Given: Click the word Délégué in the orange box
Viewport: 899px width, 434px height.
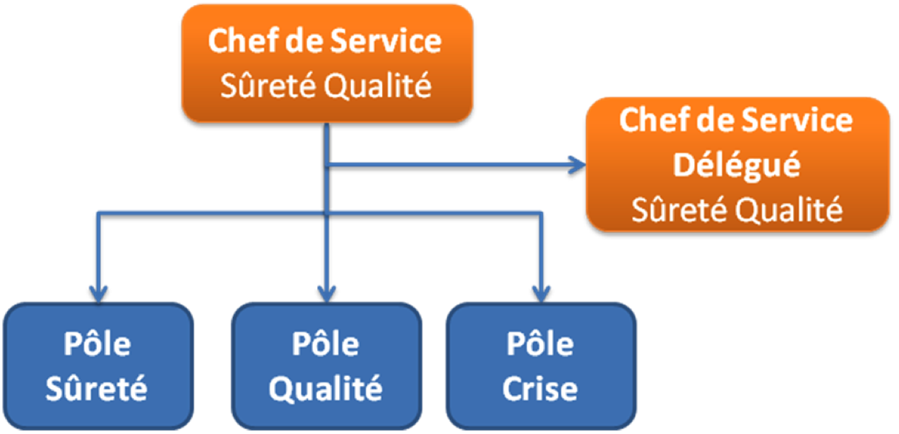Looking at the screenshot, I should click(x=737, y=165).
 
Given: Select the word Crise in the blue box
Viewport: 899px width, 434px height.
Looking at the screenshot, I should click(x=540, y=389).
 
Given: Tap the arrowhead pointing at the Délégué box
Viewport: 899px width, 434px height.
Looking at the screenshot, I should click(x=579, y=165).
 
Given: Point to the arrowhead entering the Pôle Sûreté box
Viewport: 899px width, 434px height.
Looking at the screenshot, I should click(x=97, y=292).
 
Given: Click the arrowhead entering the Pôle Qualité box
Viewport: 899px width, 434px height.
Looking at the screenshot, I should click(x=326, y=292).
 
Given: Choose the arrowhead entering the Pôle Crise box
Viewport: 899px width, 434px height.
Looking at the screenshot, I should click(x=540, y=292).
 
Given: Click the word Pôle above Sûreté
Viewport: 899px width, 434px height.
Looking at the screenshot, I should click(x=97, y=344).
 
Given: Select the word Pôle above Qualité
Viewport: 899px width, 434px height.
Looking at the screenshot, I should click(x=326, y=344).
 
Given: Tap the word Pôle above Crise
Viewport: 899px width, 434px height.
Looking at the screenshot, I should click(x=540, y=344).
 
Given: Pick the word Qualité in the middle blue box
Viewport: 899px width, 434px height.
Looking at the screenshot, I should click(x=326, y=389).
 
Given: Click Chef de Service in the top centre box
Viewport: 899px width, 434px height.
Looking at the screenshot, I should click(x=325, y=41).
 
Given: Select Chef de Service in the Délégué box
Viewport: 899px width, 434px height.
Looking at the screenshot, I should click(x=737, y=120).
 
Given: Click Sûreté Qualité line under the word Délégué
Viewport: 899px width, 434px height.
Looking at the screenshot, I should click(x=737, y=209).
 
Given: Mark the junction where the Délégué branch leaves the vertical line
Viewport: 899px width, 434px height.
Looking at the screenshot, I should click(x=326, y=165).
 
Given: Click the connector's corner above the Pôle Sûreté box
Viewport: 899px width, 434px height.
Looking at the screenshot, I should click(x=97, y=212).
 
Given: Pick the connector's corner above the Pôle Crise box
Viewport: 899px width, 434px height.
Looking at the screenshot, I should click(x=540, y=212).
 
